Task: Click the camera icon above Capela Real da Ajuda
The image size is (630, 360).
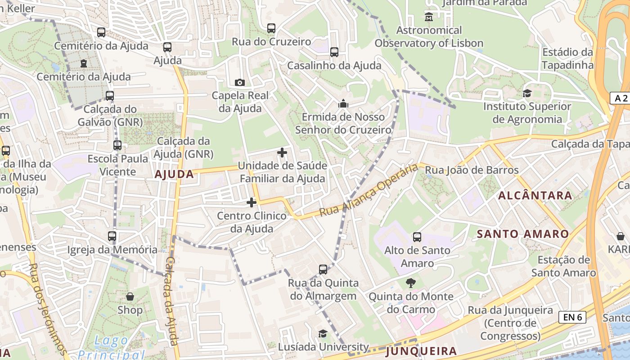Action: (x=240, y=82)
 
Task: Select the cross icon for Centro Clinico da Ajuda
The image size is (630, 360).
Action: (x=252, y=202)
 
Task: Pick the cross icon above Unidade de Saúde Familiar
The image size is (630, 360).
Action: (x=282, y=153)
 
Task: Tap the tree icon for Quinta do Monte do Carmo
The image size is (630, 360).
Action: (x=410, y=283)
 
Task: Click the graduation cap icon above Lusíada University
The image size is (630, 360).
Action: (x=323, y=333)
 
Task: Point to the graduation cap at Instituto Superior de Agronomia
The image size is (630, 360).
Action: (x=526, y=93)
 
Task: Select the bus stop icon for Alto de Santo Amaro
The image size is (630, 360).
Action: (x=417, y=237)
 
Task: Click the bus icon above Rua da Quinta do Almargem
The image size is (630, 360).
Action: (x=323, y=270)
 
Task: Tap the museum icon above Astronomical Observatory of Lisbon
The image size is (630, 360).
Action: (x=429, y=17)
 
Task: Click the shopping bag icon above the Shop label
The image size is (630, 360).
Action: (x=130, y=297)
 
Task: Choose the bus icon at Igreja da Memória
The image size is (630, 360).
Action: (x=112, y=236)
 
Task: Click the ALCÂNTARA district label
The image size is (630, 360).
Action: (x=535, y=195)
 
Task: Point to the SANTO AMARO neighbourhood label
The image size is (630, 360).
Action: (x=523, y=234)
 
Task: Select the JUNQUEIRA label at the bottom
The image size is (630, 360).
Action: (x=421, y=351)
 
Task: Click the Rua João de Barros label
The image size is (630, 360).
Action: (x=472, y=170)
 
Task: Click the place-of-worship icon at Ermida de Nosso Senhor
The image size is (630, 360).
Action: (x=343, y=104)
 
